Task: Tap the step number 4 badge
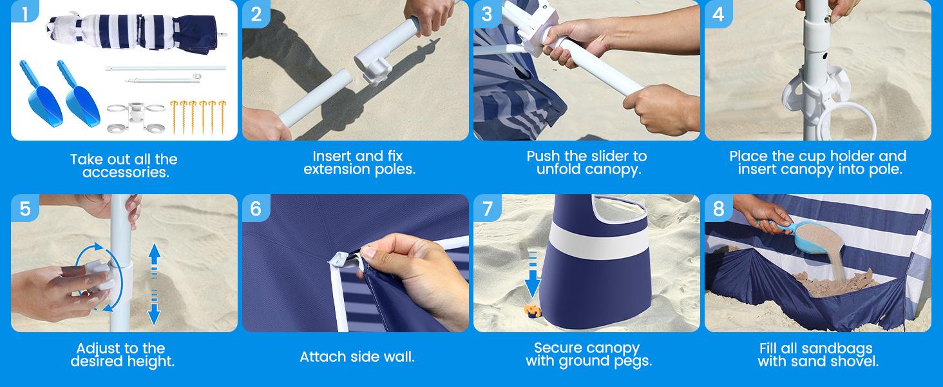coord(718,14)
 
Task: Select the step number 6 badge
coord(256,208)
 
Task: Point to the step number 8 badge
coord(718,208)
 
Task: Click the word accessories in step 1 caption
coord(126,172)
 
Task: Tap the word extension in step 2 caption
coord(335,170)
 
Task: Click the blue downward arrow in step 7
coord(533,275)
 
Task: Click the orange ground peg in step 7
coord(533,311)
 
